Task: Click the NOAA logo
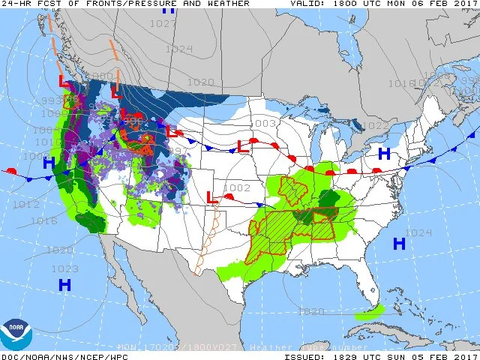(16, 334)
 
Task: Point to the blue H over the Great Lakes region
(384, 154)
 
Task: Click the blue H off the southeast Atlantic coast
(399, 244)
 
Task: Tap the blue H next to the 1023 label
(65, 284)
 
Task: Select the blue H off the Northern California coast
(49, 163)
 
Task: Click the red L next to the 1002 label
(212, 199)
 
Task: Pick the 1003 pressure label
(263, 123)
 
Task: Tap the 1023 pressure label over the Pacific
(65, 268)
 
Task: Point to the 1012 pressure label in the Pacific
(26, 204)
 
